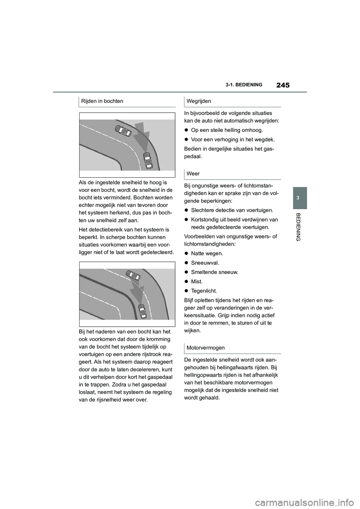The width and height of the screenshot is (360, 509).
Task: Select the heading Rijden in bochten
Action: click(102, 101)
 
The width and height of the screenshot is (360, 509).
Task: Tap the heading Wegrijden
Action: click(199, 101)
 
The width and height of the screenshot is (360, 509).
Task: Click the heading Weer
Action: click(193, 174)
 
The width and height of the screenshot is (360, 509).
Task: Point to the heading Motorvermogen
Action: click(205, 347)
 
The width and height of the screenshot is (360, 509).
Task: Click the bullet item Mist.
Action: click(196, 281)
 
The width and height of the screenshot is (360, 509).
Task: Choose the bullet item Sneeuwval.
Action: click(205, 263)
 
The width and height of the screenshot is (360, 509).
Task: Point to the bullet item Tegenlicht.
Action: click(204, 291)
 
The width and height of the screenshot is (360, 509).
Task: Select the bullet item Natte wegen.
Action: click(207, 253)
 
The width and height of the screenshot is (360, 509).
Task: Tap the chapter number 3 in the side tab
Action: click(299, 198)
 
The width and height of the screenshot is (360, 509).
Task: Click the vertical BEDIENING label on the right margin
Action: click(299, 226)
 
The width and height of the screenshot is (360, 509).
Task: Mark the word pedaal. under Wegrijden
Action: click(193, 157)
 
